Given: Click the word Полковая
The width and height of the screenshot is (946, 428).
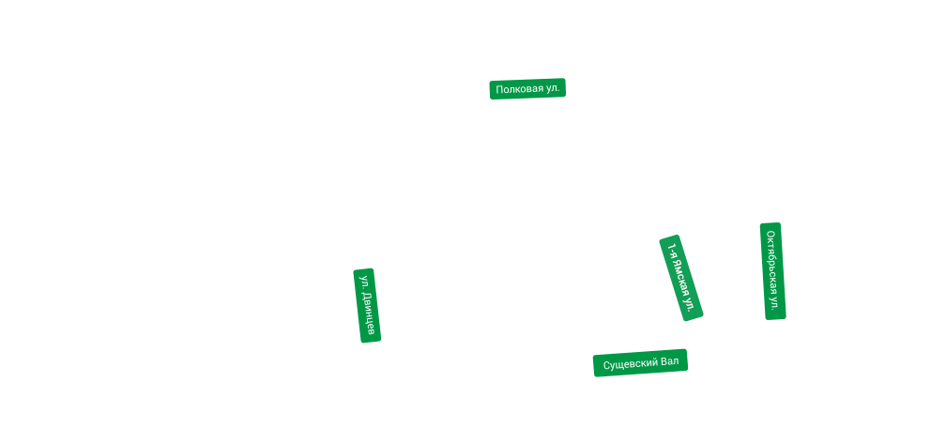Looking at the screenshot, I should pos(519,89).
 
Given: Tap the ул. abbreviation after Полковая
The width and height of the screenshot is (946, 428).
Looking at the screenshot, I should pos(553,89).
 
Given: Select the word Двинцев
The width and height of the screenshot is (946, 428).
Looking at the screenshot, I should pos(370,313).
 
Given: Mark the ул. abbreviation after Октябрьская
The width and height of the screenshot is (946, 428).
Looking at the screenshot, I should pos(774,302).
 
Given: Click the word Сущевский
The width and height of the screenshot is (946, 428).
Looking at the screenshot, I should pos(630,363).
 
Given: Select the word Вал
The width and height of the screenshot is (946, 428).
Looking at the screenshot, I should pos(669,362).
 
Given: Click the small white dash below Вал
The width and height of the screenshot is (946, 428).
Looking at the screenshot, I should pos(675,373).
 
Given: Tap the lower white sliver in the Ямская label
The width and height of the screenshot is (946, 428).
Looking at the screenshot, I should pos(678,305).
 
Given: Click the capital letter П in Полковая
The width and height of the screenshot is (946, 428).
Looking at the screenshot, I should pos(499,89).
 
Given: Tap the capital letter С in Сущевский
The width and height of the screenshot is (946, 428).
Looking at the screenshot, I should pos(606,363).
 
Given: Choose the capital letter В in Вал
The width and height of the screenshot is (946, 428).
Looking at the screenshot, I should pos(664,362).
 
